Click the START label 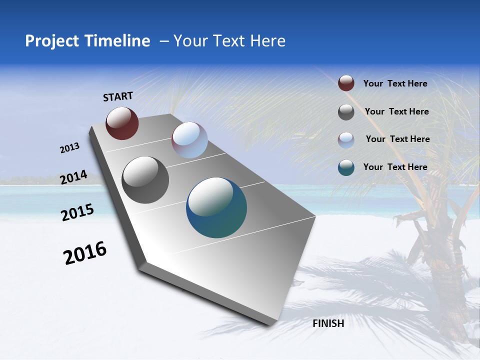coord(118,96)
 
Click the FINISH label coord(328,323)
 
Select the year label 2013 coord(69,148)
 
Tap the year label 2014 coord(74,177)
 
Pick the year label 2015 coord(77,212)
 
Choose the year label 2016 coord(85,252)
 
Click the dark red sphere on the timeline coord(122,123)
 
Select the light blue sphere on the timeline coord(189,140)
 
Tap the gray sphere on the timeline coord(145,180)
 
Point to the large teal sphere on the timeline coord(216,207)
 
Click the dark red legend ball coord(346,83)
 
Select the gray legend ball coord(346,112)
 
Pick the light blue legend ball coord(346,139)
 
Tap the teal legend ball coord(346,167)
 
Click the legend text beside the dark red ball coord(395,83)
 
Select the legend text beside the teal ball coord(395,167)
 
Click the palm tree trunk coord(440,280)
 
